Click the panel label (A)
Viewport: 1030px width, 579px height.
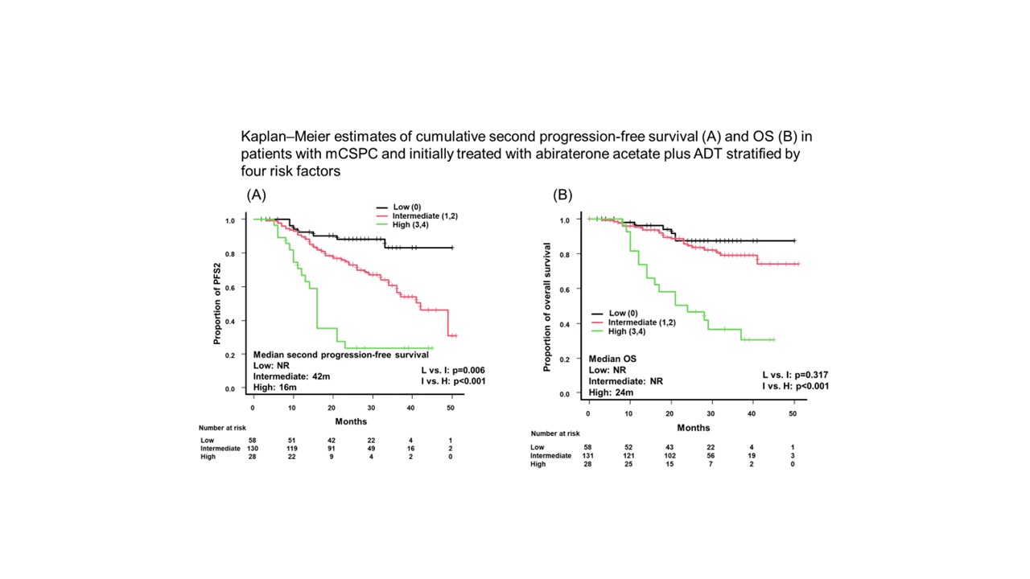[x=256, y=195]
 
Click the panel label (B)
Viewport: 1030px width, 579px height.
[x=562, y=195]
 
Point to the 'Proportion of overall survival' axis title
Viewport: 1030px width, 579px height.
[x=547, y=306]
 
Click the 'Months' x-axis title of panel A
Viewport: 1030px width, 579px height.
[x=351, y=421]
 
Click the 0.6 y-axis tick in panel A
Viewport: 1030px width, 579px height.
[x=230, y=288]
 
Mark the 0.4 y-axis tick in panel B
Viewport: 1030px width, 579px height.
[x=564, y=325]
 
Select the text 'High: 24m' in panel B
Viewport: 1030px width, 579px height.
[x=611, y=392]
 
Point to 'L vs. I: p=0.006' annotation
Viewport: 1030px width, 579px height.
[x=453, y=370]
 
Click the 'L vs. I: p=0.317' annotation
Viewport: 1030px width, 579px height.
[x=796, y=376]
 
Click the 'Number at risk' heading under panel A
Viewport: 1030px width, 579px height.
[x=221, y=428]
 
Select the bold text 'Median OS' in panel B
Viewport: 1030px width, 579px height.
[x=612, y=359]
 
